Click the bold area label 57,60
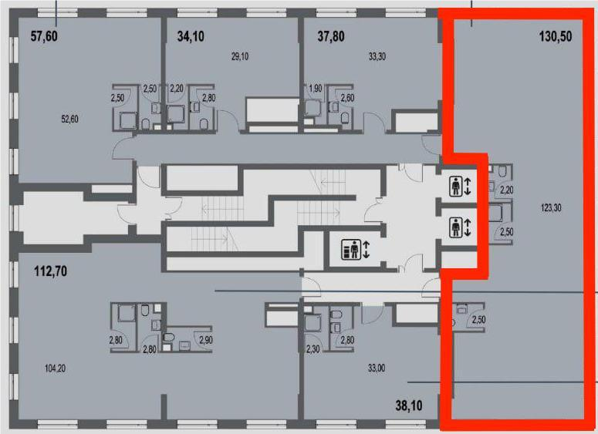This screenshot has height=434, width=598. pos(44,36)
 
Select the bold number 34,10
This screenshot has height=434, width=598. pos(191,36)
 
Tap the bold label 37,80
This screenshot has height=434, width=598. pos(331,36)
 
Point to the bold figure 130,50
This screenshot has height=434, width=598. pos(556,36)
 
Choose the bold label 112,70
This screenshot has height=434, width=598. pos(51,271)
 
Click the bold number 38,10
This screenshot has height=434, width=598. pos(409,405)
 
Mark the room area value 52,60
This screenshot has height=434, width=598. pos(69,119)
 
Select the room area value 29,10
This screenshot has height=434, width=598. pos(240,57)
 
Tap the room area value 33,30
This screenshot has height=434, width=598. pos(377,57)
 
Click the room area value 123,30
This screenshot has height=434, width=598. pos(551,208)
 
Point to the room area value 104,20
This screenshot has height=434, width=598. pos(55,368)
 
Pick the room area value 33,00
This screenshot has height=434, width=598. pos(377,368)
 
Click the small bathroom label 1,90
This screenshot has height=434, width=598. pos(316,89)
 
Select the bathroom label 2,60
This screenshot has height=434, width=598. pos(347,98)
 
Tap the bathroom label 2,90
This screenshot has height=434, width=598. pos(206,340)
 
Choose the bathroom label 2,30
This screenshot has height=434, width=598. pos(313,349)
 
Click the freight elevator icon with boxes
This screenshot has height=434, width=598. pos(351,250)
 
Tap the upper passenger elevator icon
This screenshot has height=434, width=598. pos(456,187)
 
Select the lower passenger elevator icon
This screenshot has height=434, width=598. pos(456,227)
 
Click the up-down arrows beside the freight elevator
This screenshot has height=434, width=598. pos(366,250)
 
